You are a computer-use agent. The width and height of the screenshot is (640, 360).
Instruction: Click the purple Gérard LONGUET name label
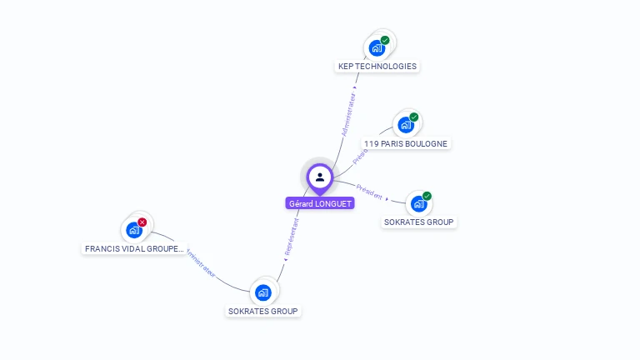(x=320, y=203)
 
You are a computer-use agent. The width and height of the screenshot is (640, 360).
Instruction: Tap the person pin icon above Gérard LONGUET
(x=320, y=177)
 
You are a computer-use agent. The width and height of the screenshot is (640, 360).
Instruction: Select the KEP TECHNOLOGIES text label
(x=377, y=67)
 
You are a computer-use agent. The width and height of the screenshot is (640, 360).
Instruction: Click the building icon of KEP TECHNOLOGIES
(x=377, y=48)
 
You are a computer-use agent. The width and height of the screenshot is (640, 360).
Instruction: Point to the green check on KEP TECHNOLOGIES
(x=385, y=40)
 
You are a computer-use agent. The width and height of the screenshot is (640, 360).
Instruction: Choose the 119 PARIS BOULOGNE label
(x=406, y=143)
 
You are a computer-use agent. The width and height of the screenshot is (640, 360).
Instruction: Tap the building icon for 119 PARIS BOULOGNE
(x=406, y=125)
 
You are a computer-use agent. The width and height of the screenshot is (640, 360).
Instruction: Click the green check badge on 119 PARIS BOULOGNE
(x=414, y=117)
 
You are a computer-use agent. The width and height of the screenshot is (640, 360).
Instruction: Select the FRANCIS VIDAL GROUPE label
(x=134, y=248)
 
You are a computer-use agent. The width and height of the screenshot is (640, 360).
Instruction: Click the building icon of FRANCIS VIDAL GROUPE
(x=133, y=230)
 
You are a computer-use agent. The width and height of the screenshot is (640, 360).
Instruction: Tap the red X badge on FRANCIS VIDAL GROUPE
(x=142, y=222)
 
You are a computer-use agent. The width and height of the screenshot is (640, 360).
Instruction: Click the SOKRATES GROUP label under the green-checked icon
(x=419, y=222)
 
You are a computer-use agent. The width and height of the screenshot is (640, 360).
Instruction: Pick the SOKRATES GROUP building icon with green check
(x=419, y=204)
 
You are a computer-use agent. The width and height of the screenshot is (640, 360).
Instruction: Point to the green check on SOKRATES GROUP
(x=427, y=197)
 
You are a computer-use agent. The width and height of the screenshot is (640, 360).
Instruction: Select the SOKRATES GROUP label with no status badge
(x=263, y=311)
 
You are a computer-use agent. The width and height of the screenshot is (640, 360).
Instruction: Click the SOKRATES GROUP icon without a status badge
(x=263, y=292)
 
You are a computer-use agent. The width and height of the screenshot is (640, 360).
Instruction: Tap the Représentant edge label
(x=291, y=238)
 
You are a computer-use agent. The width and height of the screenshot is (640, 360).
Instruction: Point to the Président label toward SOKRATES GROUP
(x=369, y=192)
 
